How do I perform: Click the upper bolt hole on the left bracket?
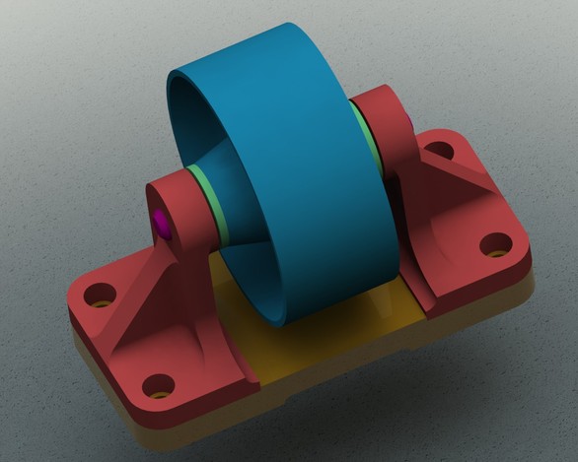(x=98, y=295)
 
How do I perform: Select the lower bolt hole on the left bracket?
(x=157, y=384)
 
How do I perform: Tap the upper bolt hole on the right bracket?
(x=441, y=153)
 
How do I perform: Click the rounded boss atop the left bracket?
(x=178, y=197)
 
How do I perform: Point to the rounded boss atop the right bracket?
(x=380, y=108)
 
